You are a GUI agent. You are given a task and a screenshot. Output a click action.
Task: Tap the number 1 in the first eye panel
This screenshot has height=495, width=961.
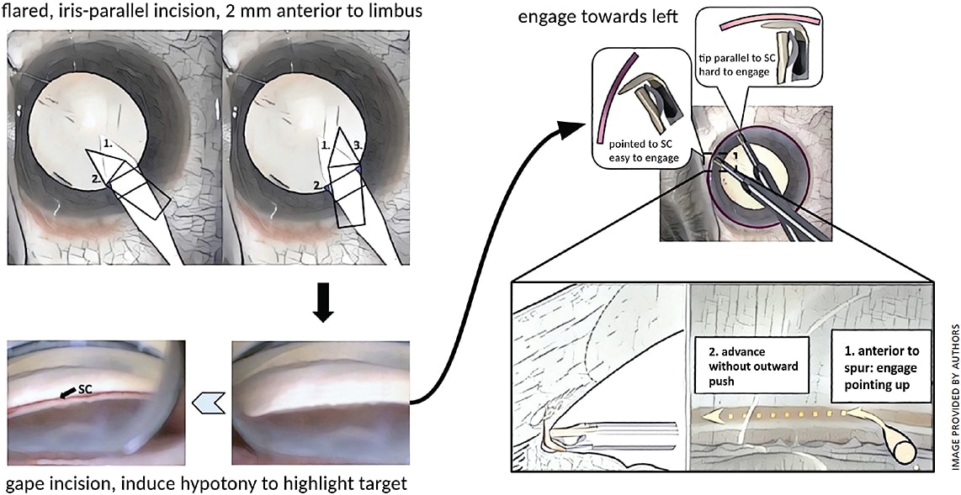(106, 144)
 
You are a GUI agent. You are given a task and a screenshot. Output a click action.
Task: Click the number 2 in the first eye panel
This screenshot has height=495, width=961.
(98, 179)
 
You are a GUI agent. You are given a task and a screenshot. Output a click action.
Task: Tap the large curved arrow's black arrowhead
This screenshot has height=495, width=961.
(574, 129)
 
